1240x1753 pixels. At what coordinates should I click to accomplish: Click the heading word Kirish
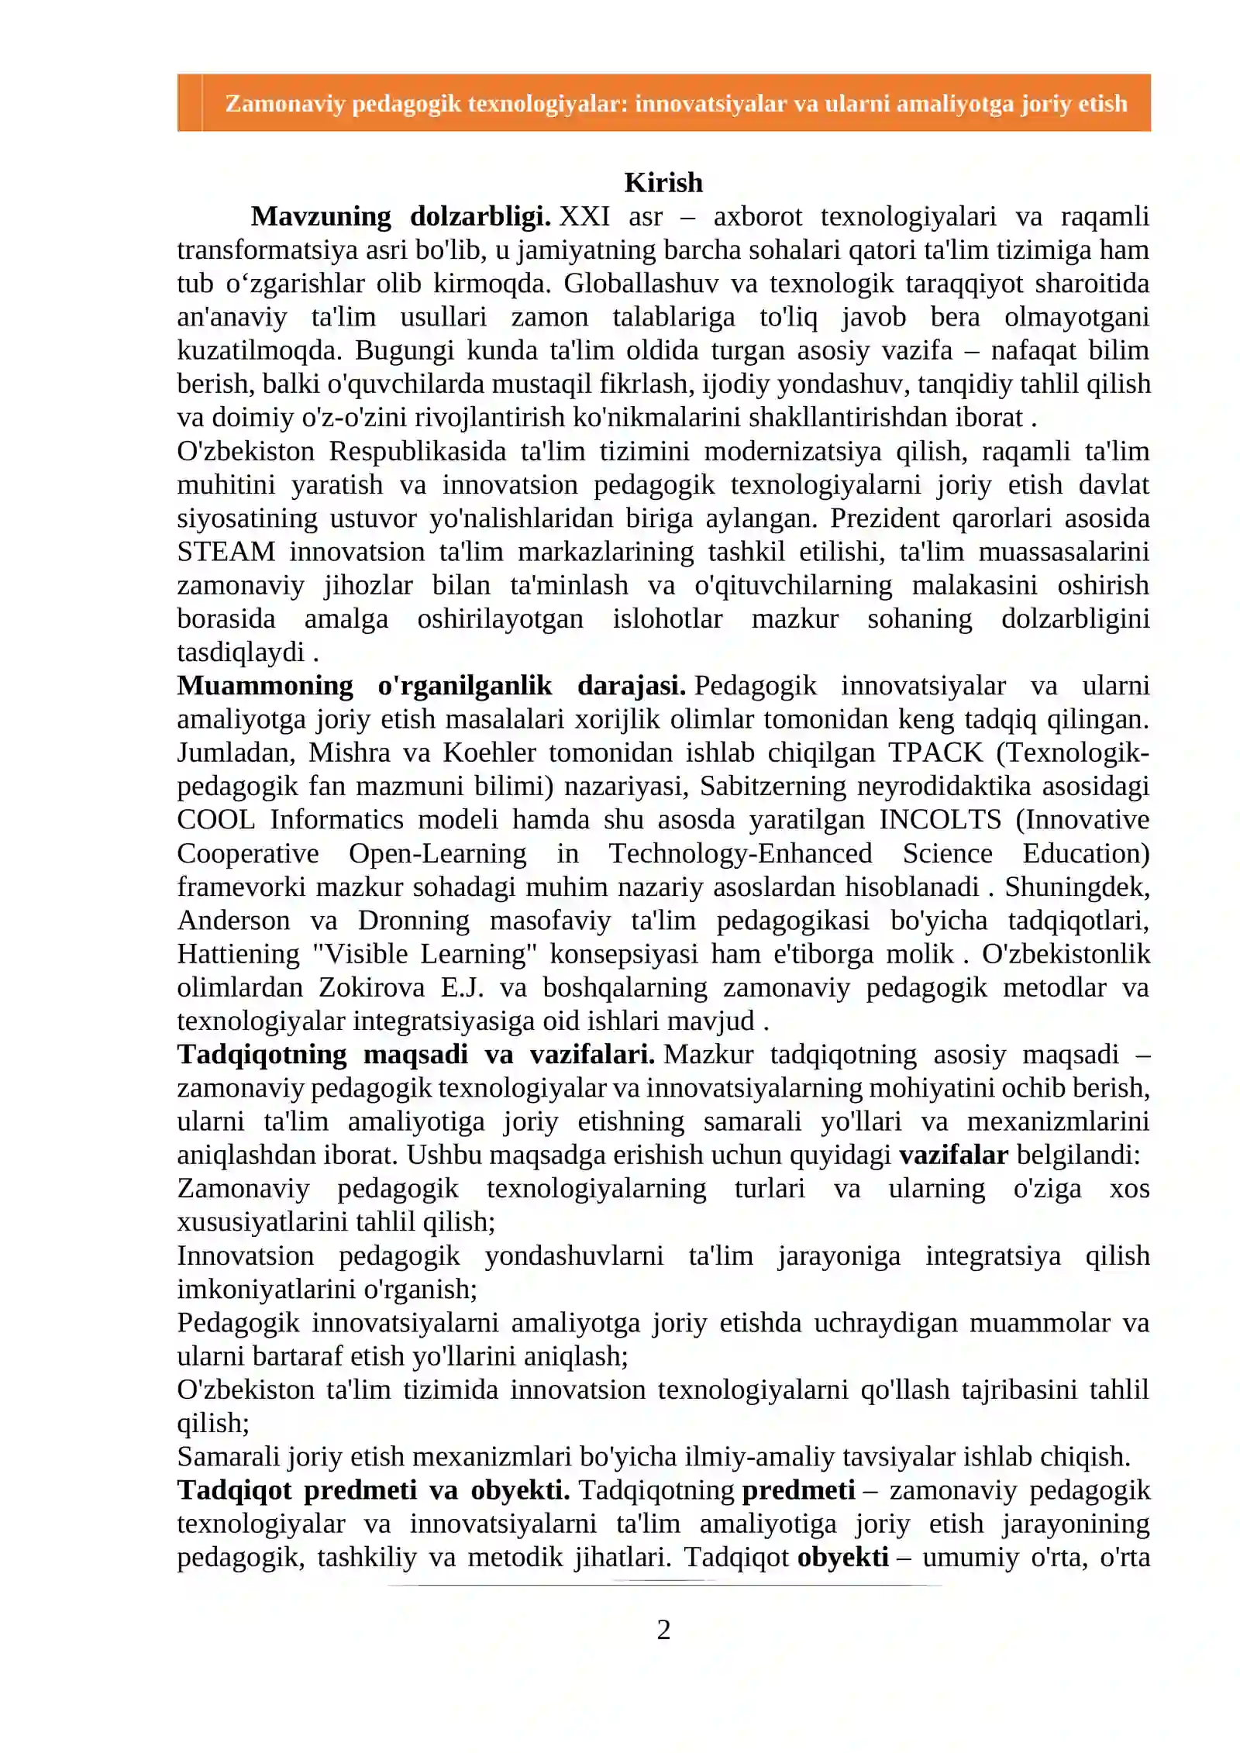663,183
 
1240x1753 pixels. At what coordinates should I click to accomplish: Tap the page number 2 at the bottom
663,1629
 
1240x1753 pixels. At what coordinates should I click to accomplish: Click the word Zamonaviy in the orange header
284,104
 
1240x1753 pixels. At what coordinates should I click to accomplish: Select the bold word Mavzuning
321,216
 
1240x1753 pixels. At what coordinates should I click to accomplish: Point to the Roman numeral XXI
584,216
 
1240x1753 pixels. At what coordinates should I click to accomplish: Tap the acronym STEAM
226,552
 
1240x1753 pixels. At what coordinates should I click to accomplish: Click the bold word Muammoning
265,686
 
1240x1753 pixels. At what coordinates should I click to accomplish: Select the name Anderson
233,921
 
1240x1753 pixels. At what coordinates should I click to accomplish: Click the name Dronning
413,921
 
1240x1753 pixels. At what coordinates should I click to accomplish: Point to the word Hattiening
238,954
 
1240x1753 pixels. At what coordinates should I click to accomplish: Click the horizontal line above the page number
663,1585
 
